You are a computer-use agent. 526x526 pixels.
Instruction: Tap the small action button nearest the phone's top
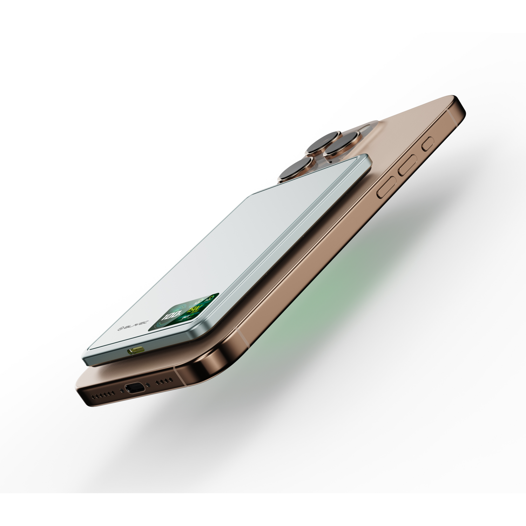[x=428, y=144]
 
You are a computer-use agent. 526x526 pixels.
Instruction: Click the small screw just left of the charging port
[x=121, y=390]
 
